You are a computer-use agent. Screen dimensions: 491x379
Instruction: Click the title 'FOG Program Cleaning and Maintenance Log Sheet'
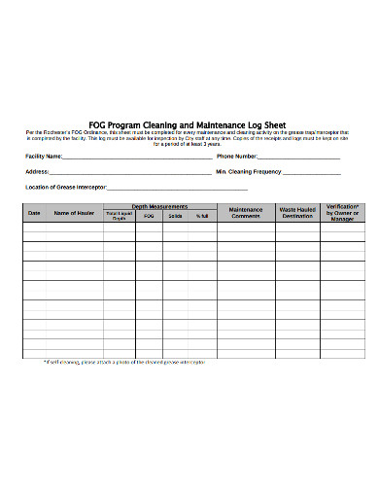(x=189, y=124)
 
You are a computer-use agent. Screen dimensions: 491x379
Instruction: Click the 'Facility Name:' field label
(x=45, y=156)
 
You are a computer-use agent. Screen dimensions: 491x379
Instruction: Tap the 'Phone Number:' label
(x=237, y=156)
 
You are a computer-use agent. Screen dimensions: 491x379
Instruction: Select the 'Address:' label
(x=37, y=171)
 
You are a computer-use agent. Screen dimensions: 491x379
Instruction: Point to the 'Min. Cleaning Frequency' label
(x=248, y=171)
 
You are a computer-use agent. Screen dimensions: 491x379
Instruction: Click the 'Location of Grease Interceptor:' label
(x=66, y=187)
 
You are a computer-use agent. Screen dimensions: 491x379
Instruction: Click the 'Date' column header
(x=34, y=212)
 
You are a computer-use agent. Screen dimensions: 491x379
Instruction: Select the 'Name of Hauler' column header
(x=74, y=212)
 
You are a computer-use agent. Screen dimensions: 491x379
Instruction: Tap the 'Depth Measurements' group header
(x=159, y=207)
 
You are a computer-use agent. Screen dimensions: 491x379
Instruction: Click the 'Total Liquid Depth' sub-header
(x=119, y=216)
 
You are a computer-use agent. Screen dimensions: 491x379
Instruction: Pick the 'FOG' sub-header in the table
(x=149, y=216)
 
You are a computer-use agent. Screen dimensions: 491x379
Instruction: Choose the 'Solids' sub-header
(x=176, y=216)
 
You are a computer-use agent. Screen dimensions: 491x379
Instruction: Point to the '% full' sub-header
(x=202, y=216)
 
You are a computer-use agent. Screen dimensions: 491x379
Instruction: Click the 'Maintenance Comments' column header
(x=246, y=212)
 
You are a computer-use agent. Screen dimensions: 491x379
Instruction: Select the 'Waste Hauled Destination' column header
(x=297, y=212)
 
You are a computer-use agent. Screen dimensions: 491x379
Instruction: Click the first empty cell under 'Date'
(x=34, y=228)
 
